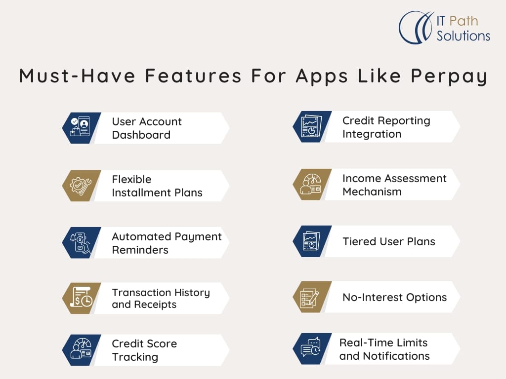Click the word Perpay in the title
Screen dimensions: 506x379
click(449, 76)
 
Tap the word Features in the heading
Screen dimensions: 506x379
click(193, 76)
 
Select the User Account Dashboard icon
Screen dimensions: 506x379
click(81, 126)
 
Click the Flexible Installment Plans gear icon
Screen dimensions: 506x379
click(81, 186)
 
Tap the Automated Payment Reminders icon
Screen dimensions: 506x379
click(81, 243)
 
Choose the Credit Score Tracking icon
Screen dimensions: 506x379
click(81, 349)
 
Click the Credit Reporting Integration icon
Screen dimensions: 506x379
click(311, 127)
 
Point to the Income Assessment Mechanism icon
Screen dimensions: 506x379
click(310, 184)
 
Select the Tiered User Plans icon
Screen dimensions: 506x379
click(311, 241)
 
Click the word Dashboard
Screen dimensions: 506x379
click(141, 135)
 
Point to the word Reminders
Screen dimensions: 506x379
click(140, 250)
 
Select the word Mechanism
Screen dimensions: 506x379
click(372, 191)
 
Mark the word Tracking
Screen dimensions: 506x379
click(135, 357)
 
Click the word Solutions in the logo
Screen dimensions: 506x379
click(464, 36)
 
